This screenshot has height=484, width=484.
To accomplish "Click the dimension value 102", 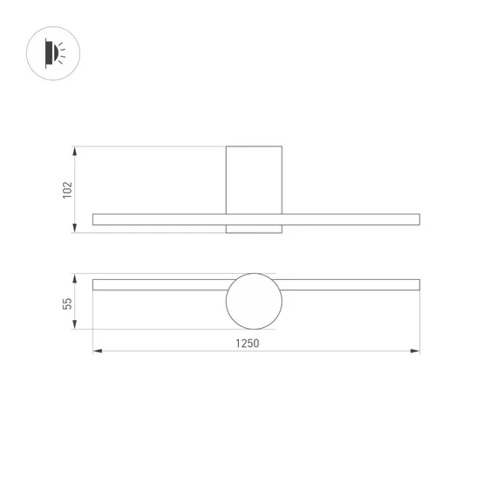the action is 67,190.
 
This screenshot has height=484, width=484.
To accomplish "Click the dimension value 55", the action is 67,303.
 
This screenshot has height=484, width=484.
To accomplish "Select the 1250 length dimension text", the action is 248,344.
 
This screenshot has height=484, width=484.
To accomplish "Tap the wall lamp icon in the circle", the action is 53,53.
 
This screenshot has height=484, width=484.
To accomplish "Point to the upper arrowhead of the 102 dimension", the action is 74,151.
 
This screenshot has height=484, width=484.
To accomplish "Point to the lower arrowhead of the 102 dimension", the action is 74,228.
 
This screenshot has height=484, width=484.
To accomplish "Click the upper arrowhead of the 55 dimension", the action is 74,278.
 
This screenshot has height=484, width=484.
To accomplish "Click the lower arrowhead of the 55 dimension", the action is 74,324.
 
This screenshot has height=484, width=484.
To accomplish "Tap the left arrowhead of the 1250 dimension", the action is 98,351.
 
